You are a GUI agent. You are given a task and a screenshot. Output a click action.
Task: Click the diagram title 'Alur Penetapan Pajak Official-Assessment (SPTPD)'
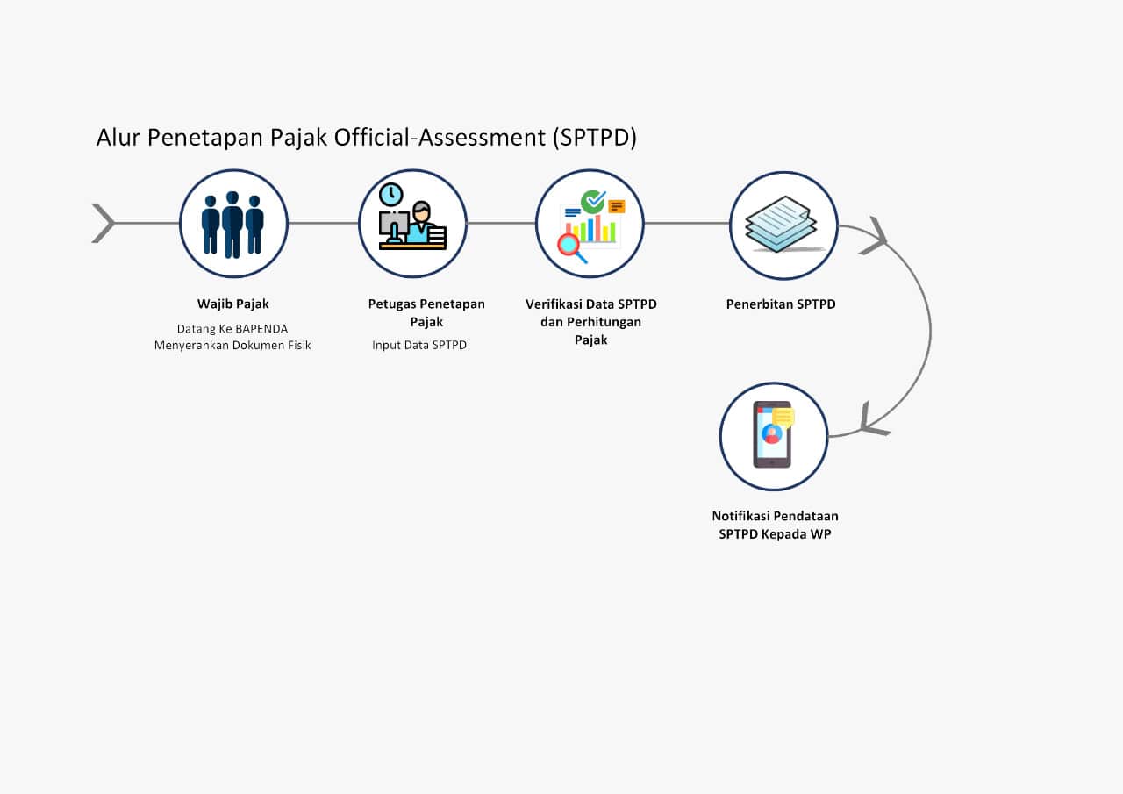point(366,138)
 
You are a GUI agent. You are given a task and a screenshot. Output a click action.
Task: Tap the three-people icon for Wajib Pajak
point(233,224)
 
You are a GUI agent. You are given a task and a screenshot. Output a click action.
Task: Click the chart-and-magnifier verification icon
point(590,224)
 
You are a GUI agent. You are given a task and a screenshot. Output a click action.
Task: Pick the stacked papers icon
point(783,225)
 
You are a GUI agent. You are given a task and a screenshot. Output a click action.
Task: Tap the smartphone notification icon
point(773,435)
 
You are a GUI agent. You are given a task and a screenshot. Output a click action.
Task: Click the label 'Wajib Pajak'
point(232,304)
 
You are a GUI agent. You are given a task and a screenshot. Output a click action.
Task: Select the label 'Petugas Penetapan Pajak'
point(426,312)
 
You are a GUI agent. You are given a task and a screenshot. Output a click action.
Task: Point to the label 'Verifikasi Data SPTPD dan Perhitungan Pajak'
point(591,321)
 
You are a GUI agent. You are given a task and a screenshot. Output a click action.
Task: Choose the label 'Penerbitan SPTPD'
point(781,304)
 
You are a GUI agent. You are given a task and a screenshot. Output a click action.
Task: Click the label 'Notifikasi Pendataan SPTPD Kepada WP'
point(775,525)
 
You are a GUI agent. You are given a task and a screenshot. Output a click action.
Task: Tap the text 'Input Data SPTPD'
point(419,346)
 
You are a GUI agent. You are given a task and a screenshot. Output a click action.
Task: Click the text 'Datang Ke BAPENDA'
point(232,329)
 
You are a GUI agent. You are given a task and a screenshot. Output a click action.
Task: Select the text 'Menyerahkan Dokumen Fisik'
point(232,346)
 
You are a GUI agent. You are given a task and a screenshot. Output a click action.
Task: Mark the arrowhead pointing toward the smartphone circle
point(872,420)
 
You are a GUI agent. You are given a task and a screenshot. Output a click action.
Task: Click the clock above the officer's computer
point(391,195)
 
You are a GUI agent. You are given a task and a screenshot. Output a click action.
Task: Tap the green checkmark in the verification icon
point(593,202)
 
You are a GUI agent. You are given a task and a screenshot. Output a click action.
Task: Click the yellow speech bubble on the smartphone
point(783,416)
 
